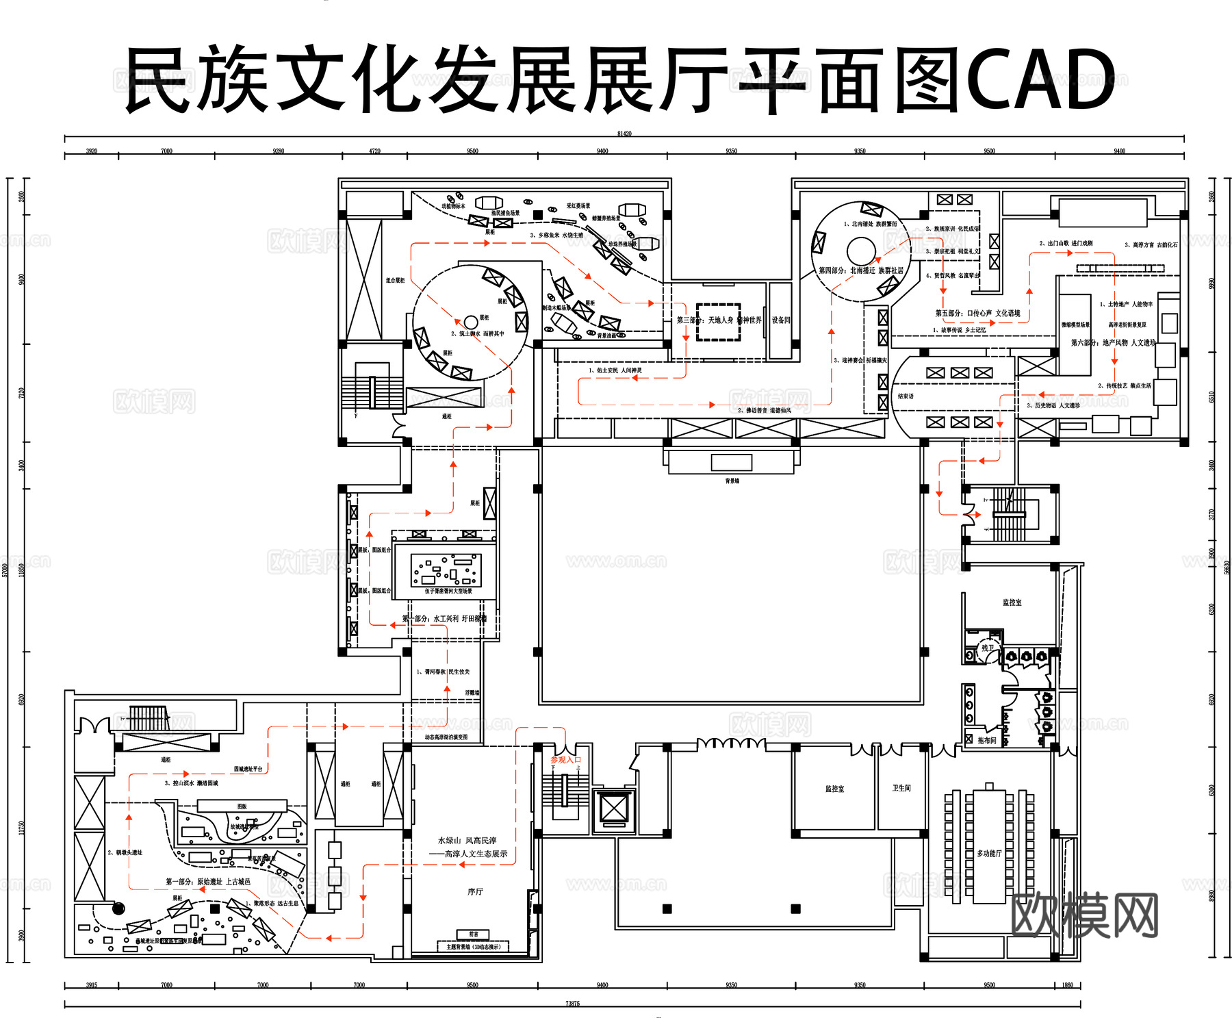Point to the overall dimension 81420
click(x=624, y=133)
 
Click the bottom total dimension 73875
click(x=572, y=1003)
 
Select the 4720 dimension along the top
click(x=374, y=151)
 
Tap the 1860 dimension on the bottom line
click(x=1068, y=985)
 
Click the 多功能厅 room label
click(x=989, y=853)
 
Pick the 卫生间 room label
click(x=901, y=788)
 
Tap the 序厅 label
click(x=475, y=891)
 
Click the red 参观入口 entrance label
click(x=566, y=760)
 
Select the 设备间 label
click(x=781, y=320)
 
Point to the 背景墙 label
click(x=732, y=481)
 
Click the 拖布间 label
click(x=987, y=740)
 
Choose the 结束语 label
click(x=906, y=396)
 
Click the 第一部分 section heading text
click(x=207, y=882)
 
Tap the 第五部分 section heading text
click(x=977, y=313)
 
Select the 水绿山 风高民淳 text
click(x=467, y=840)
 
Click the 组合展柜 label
click(x=395, y=280)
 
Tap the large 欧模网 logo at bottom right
click(x=1084, y=915)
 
